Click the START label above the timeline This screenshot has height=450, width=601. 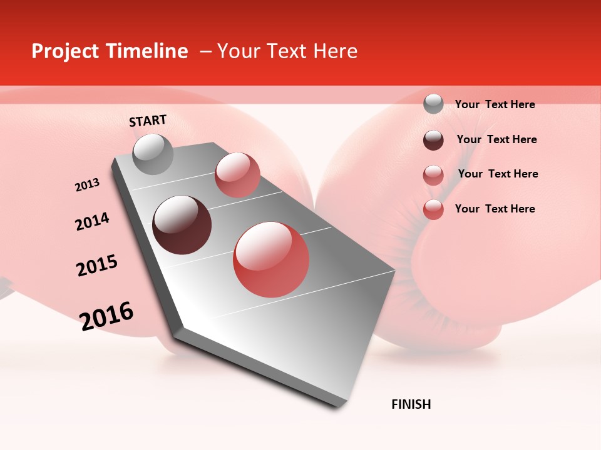tap(148, 120)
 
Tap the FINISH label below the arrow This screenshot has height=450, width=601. tap(411, 404)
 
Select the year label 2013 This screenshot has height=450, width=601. tap(87, 185)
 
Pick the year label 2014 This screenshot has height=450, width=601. tap(92, 221)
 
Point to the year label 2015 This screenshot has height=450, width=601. tap(97, 265)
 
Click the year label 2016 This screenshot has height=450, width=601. tap(106, 316)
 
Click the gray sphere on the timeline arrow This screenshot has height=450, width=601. tap(153, 154)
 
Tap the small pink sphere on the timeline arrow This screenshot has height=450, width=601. tap(237, 174)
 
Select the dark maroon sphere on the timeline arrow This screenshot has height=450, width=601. tap(182, 225)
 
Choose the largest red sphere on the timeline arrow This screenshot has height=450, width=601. tap(271, 259)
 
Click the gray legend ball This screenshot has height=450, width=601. tap(433, 104)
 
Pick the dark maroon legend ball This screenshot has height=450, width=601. tap(433, 140)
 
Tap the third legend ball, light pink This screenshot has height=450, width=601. tap(433, 174)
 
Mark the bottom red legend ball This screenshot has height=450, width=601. tap(433, 209)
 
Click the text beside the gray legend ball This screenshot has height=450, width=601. tap(495, 104)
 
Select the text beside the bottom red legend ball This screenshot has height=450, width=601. tap(495, 209)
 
